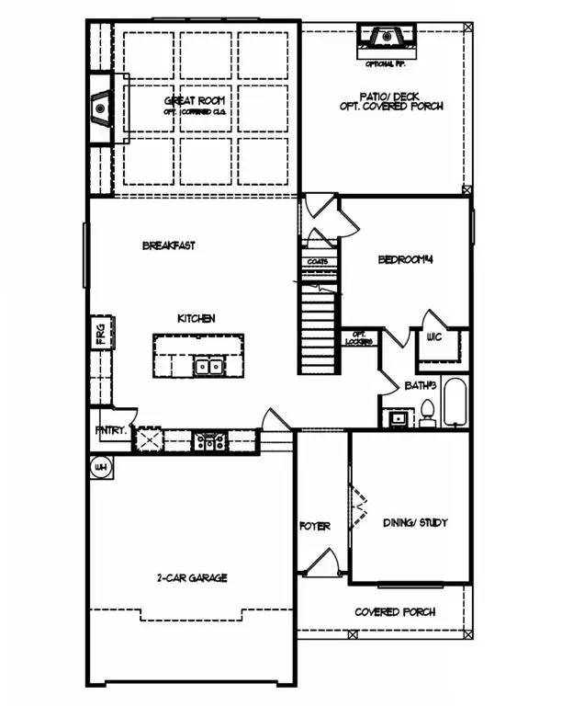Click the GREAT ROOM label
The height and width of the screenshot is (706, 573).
pos(195,100)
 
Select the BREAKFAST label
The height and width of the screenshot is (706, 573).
pos(169,245)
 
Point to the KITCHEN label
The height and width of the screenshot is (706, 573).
pos(197,318)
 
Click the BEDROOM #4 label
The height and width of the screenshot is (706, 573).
pos(405,260)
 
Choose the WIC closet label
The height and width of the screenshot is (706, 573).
pos(434,336)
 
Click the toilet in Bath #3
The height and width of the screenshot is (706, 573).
pos(427,414)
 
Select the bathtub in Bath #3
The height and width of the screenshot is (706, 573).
pos(456,403)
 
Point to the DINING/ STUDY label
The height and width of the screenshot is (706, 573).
pos(415,522)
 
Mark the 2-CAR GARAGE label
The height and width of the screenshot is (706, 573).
pos(191,578)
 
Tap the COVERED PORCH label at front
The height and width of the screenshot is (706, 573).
pos(395,611)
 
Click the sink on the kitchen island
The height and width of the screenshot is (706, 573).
pos(207,367)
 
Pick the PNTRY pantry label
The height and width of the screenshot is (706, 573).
pos(109,429)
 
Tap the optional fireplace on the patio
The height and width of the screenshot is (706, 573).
pos(386,38)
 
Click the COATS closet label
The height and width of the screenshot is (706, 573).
pos(318,261)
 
